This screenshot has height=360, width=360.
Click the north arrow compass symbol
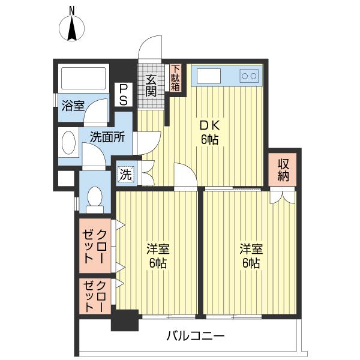click(72, 26)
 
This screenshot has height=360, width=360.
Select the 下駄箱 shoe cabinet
click(176, 78)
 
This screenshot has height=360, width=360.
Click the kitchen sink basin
click(209, 76)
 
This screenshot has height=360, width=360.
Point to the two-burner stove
click(249, 76)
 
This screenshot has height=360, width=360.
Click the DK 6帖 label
click(210, 132)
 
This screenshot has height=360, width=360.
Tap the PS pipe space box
click(124, 95)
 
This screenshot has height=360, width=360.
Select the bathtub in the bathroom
click(83, 78)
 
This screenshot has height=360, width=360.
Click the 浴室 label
click(73, 106)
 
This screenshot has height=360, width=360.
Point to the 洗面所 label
click(107, 137)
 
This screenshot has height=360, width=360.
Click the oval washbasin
click(68, 142)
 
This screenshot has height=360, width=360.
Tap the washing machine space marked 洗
click(126, 175)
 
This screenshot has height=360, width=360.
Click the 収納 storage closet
click(283, 170)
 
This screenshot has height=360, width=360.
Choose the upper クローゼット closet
click(95, 246)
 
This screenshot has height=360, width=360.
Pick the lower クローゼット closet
click(95, 296)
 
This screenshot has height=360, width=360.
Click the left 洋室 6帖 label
click(158, 256)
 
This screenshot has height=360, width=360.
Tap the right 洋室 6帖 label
click(251, 256)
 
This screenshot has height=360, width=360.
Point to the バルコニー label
click(196, 337)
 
